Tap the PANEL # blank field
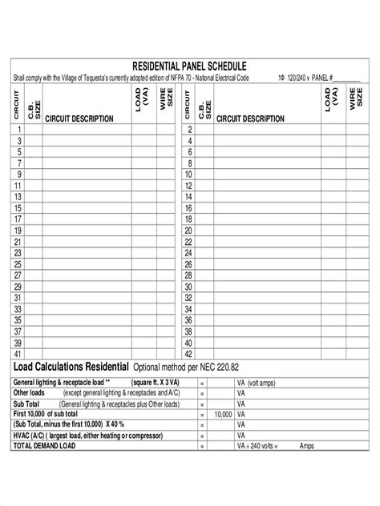[346, 78]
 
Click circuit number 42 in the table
[190, 353]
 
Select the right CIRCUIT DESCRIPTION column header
[250, 118]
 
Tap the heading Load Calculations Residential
[71, 367]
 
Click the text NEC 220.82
[217, 367]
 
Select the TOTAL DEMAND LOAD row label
[44, 445]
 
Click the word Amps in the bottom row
[307, 445]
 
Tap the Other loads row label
[31, 393]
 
